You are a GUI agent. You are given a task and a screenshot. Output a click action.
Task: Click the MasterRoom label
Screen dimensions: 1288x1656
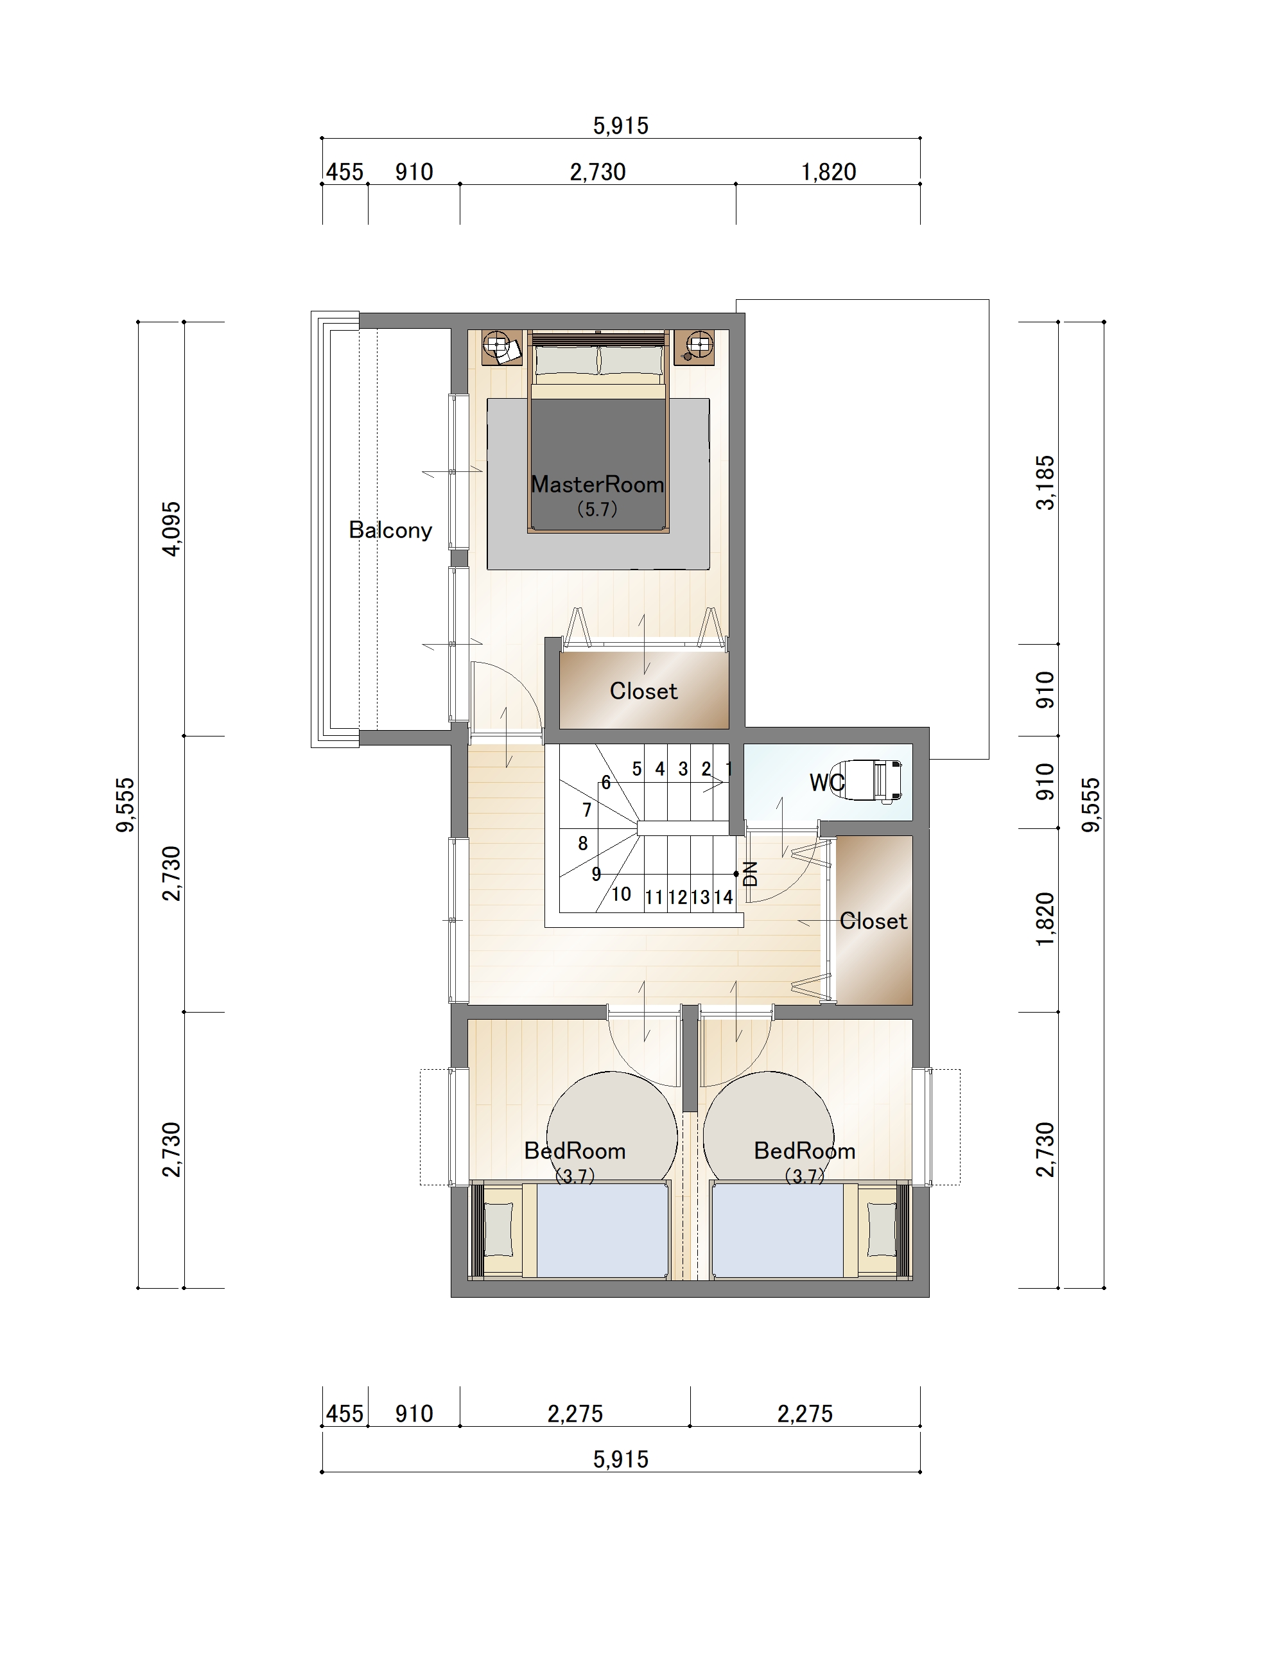597,485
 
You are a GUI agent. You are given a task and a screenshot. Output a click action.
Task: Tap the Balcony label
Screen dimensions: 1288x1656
390,530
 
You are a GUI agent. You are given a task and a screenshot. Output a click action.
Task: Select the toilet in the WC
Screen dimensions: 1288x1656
873,780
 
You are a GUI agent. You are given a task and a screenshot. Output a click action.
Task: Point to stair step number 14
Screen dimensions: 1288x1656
723,898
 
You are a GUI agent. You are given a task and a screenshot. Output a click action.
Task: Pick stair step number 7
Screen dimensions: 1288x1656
587,810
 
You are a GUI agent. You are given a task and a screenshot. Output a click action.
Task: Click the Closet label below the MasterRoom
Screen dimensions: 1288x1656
643,691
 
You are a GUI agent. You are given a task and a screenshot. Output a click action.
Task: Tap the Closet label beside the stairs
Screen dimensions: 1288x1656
873,921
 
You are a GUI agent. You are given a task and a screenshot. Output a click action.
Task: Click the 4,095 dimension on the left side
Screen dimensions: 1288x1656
172,528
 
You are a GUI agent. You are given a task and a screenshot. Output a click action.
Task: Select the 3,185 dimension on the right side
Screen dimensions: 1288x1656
1045,482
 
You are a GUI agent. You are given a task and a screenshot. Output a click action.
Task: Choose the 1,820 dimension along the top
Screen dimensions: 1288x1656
828,172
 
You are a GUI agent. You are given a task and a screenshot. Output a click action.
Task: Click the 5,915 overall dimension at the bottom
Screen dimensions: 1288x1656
621,1460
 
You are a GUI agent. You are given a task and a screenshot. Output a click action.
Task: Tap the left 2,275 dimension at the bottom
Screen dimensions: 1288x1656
575,1413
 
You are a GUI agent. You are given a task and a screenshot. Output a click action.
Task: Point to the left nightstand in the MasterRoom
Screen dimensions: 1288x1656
503,347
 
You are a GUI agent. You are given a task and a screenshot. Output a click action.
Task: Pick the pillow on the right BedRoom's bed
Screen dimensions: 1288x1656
881,1230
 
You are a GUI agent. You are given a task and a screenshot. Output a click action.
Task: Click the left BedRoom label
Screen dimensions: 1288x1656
575,1151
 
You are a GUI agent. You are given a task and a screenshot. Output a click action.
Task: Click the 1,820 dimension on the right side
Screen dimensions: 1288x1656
1045,920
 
